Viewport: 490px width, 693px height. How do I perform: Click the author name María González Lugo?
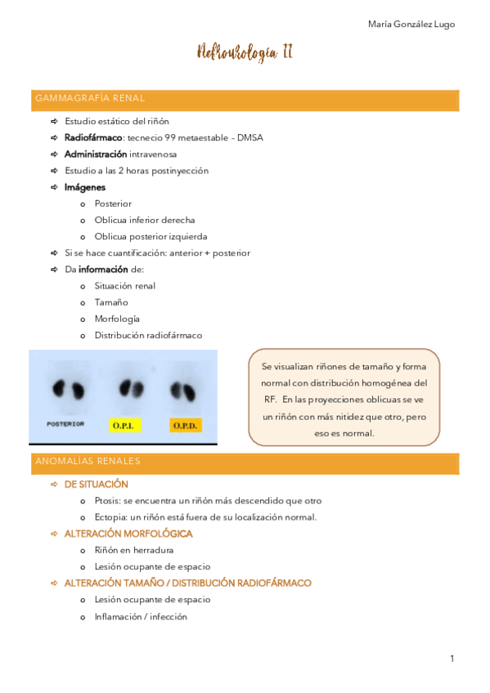click(x=411, y=24)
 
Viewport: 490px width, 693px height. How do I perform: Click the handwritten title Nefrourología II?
click(x=245, y=54)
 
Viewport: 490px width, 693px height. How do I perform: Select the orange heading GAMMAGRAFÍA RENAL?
click(x=90, y=98)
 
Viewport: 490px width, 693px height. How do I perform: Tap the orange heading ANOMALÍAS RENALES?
click(x=88, y=461)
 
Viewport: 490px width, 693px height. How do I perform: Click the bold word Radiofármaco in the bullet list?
click(x=94, y=137)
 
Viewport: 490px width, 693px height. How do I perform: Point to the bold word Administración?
click(x=96, y=154)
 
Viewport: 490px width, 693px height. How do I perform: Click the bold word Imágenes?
click(x=85, y=187)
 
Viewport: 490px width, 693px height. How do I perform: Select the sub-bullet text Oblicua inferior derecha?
click(x=144, y=220)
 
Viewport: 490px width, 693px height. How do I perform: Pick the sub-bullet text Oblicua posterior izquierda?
click(x=151, y=236)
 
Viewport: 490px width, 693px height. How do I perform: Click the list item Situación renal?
click(x=124, y=286)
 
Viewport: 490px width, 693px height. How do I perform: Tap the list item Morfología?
click(x=117, y=319)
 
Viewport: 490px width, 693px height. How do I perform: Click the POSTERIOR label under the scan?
click(x=65, y=424)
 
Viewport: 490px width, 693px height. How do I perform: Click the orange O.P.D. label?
click(x=186, y=425)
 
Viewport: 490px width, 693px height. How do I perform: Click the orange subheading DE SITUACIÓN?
click(x=97, y=485)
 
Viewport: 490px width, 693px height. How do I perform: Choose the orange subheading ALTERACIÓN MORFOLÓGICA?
click(x=128, y=534)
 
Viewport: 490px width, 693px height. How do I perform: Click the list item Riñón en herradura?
click(x=133, y=550)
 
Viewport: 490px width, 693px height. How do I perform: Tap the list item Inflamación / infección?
click(x=141, y=616)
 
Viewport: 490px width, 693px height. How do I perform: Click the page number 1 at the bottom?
click(x=451, y=658)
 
